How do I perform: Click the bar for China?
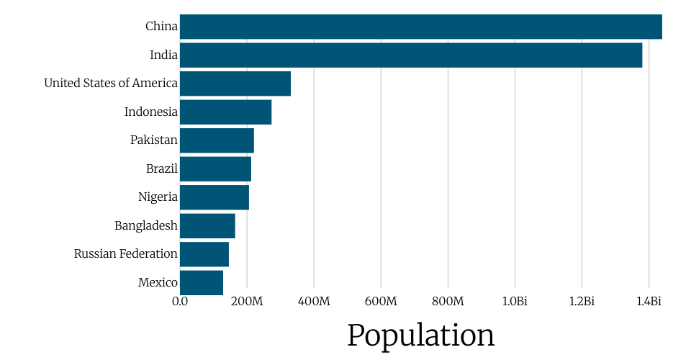point(420,27)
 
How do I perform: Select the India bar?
point(410,55)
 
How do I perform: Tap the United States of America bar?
point(235,84)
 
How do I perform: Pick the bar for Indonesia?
point(225,112)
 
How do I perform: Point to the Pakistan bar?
point(217,140)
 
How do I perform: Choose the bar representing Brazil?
point(215,169)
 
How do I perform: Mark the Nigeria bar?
point(214,197)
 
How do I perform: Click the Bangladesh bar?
point(207,226)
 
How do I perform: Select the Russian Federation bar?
point(204,254)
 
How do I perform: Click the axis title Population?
point(420,335)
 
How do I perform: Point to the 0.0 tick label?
point(180,301)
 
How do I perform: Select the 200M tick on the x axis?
point(247,301)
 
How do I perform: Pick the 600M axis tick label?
point(381,301)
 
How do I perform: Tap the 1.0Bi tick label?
point(515,301)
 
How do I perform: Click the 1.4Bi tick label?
point(649,301)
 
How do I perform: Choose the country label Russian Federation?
point(125,254)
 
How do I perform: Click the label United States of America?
point(111,84)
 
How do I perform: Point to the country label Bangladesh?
point(145,226)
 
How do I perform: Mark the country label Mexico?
point(158,283)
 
